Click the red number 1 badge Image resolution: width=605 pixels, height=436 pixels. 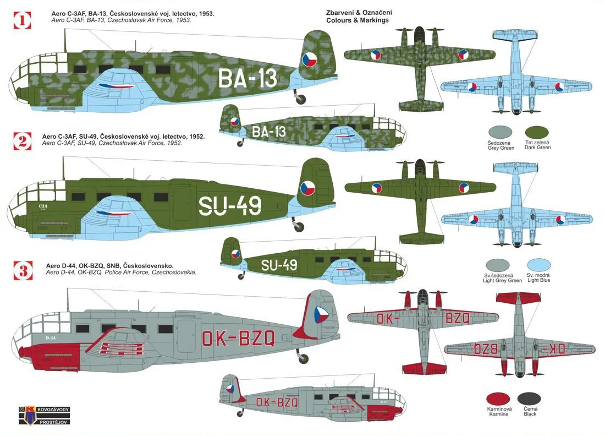22,20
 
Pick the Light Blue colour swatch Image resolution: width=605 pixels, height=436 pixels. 538,265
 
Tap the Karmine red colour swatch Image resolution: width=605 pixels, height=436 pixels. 498,399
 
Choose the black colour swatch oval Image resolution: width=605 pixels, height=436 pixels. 529,399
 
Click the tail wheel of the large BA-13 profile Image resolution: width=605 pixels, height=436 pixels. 300,99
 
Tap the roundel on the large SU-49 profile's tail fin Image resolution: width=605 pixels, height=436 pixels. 309,188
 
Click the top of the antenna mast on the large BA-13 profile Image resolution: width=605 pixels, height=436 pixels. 65,29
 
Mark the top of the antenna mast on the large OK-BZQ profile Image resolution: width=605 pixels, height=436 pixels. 68,288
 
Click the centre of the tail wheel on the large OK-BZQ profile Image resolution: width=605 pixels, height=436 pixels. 303,358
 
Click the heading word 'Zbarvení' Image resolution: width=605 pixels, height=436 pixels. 339,13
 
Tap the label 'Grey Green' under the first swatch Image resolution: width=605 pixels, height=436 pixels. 501,148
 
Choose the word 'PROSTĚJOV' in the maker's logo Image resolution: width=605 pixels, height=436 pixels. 54,422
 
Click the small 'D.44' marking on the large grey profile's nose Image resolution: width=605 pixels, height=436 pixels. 51,338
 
